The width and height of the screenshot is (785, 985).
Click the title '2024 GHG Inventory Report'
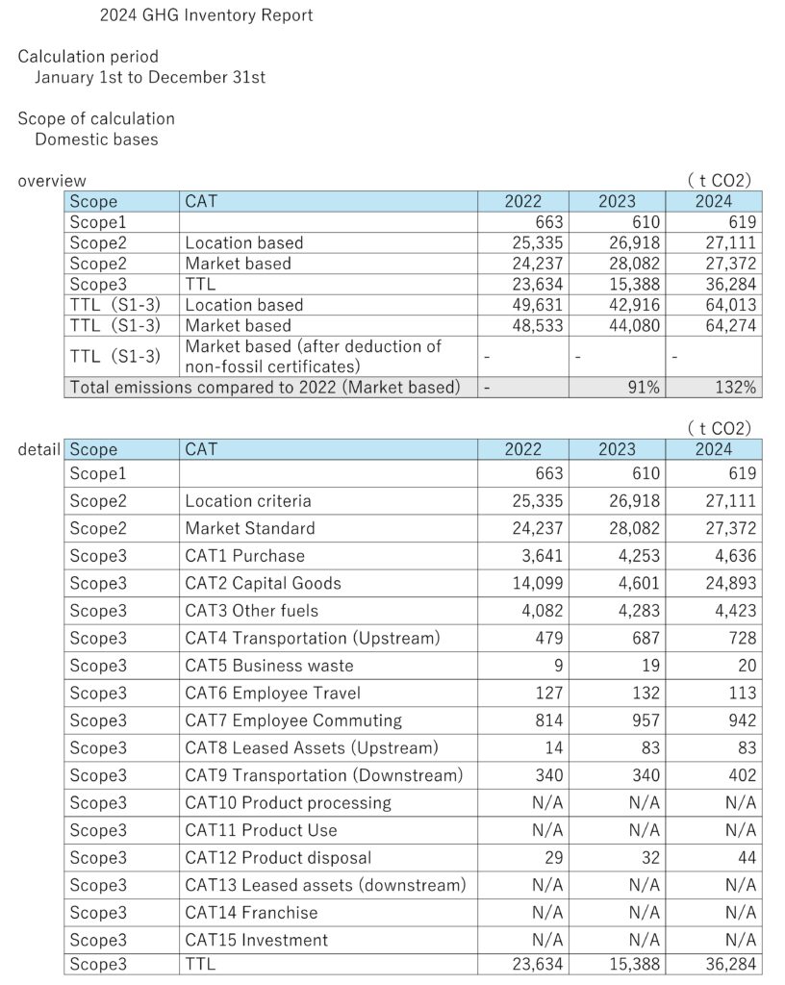206,15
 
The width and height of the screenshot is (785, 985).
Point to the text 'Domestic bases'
96,139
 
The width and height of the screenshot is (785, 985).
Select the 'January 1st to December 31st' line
150,77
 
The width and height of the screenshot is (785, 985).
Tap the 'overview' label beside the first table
52,180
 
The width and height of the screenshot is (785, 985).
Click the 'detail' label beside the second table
39,449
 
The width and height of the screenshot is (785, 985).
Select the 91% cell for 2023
642,388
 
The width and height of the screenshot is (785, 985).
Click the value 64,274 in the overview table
730,325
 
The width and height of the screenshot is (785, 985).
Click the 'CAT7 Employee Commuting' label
293,720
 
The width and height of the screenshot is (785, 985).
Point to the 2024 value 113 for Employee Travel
742,693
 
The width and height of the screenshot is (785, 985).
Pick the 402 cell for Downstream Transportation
742,775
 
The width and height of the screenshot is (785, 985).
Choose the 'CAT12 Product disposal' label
278,857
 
